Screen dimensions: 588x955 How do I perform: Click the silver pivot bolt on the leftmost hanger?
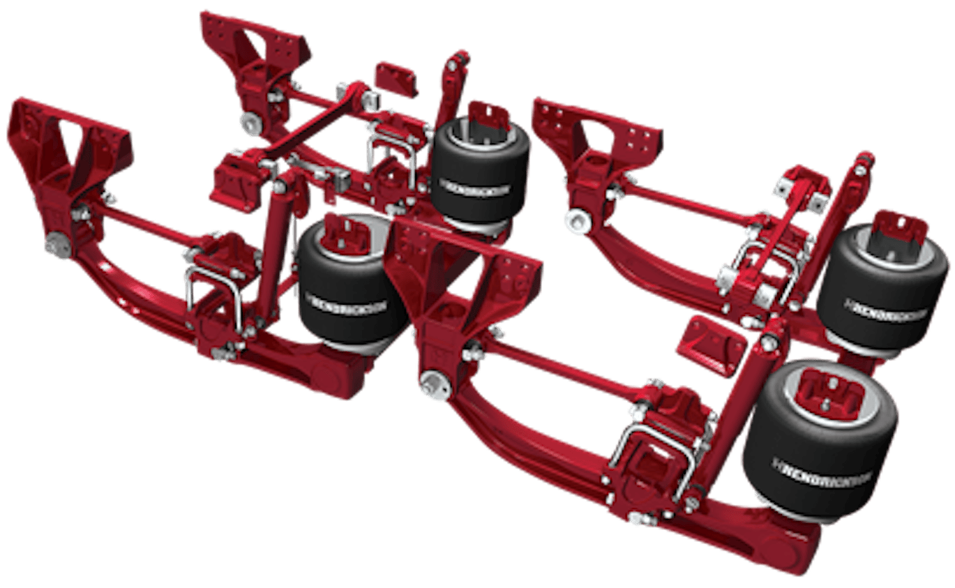coord(57,247)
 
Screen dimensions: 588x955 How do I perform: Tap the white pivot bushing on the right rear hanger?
coord(577,223)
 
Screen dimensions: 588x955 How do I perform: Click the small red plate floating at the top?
coord(396,78)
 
